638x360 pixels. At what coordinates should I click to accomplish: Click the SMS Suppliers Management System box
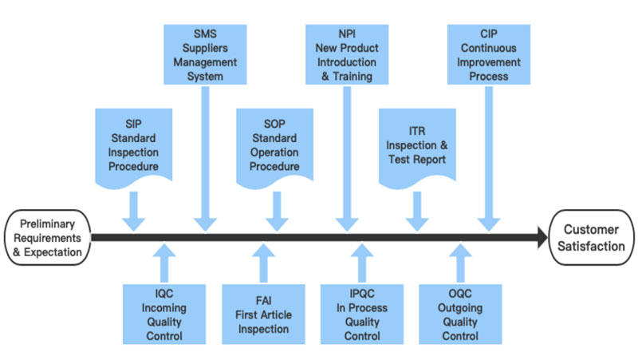205,54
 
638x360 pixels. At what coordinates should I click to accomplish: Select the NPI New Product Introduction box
347,54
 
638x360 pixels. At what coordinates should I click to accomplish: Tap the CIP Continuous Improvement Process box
489,54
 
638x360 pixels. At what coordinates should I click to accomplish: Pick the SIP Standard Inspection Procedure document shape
133,148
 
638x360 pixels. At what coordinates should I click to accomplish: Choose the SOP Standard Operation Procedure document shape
274,148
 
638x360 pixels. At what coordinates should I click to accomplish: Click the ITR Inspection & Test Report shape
417,148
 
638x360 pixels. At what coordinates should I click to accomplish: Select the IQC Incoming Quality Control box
164,315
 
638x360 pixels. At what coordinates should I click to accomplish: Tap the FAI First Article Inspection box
263,315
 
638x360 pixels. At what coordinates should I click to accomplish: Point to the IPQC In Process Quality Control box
362,315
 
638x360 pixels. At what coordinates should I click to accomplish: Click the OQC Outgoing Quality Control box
460,315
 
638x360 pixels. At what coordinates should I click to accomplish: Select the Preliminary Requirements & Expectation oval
48,237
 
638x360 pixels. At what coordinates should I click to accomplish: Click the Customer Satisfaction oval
591,237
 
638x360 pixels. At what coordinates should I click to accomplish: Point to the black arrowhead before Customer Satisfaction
543,237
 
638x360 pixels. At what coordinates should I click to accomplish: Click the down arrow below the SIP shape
133,212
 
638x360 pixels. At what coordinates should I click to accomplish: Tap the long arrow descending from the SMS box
205,159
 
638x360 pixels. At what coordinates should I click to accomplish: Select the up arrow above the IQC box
164,263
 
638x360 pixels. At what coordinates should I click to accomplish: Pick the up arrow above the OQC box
460,263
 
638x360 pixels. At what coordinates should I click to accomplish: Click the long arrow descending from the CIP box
489,159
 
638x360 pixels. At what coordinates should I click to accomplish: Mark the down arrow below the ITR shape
417,212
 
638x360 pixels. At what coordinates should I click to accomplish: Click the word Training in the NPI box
352,76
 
